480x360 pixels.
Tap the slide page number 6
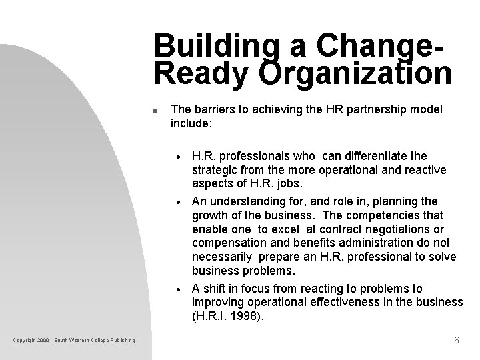(x=456, y=340)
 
